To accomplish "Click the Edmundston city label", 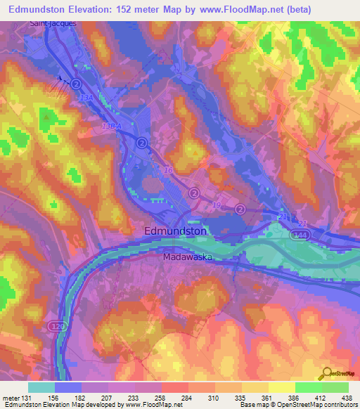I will tap(175, 231).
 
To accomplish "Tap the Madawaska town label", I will tap(188, 257).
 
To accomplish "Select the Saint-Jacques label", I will tap(53, 23).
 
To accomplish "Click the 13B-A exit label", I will tap(112, 125).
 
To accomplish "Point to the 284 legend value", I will tap(188, 398).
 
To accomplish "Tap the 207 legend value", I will tap(108, 398).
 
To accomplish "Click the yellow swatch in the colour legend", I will tap(281, 387).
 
